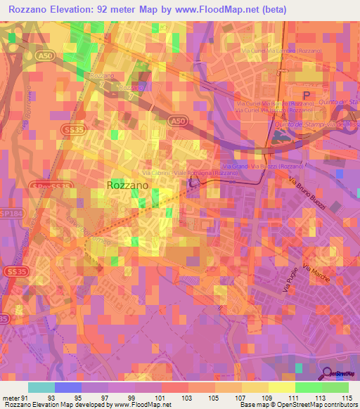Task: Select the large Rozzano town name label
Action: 127,184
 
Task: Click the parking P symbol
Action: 306,95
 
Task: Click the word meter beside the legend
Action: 11,398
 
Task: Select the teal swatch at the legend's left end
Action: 41,387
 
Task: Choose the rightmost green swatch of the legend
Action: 335,387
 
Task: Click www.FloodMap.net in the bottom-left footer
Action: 140,405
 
